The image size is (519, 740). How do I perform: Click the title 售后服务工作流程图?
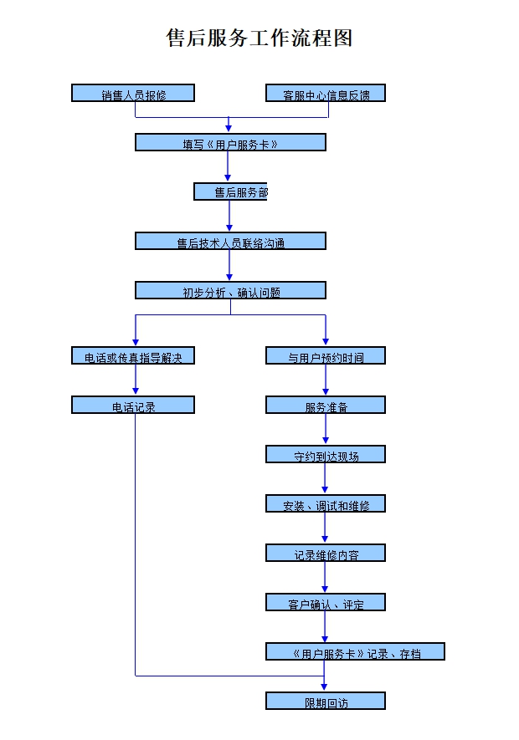(259, 38)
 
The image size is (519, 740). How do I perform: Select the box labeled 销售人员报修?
(133, 94)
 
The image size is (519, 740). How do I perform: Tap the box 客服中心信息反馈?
(326, 94)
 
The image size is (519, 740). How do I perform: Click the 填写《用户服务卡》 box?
(230, 143)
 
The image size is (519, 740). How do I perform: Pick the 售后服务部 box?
(230, 192)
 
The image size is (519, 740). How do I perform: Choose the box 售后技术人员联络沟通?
(230, 242)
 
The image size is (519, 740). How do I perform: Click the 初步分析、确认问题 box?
(230, 291)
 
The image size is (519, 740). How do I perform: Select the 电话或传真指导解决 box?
(133, 356)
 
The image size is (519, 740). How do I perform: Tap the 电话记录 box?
(133, 406)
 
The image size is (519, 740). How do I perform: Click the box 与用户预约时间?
(326, 356)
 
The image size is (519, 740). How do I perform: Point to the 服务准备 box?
(326, 406)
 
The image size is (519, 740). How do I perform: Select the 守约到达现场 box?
(326, 455)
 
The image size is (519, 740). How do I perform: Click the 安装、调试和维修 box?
(326, 504)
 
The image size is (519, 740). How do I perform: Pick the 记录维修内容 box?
(326, 554)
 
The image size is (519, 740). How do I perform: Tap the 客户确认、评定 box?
(326, 603)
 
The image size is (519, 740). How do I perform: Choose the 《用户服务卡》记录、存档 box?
(355, 652)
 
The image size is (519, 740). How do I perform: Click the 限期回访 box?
(326, 702)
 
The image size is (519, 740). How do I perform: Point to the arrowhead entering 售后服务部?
(228, 178)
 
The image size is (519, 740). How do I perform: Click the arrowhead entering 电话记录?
(135, 391)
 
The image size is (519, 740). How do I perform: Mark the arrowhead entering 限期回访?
(325, 687)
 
